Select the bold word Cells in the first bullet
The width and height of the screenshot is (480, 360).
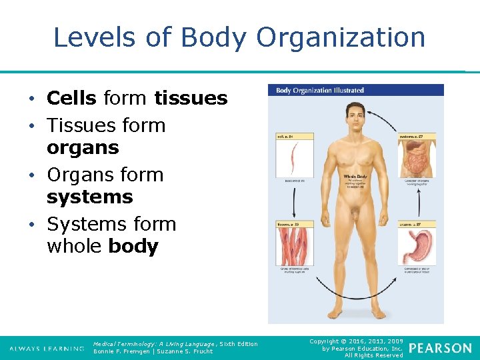point(71,99)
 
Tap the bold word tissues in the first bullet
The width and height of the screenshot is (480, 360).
point(191,99)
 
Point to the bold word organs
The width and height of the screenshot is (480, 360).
point(83,147)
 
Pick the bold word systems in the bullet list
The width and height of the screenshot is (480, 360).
point(89,197)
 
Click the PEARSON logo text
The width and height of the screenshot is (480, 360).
point(440,348)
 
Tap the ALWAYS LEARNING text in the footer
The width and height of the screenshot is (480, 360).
point(47,349)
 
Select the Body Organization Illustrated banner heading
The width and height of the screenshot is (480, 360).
point(321,90)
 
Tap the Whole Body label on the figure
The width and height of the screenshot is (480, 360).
point(355,177)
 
